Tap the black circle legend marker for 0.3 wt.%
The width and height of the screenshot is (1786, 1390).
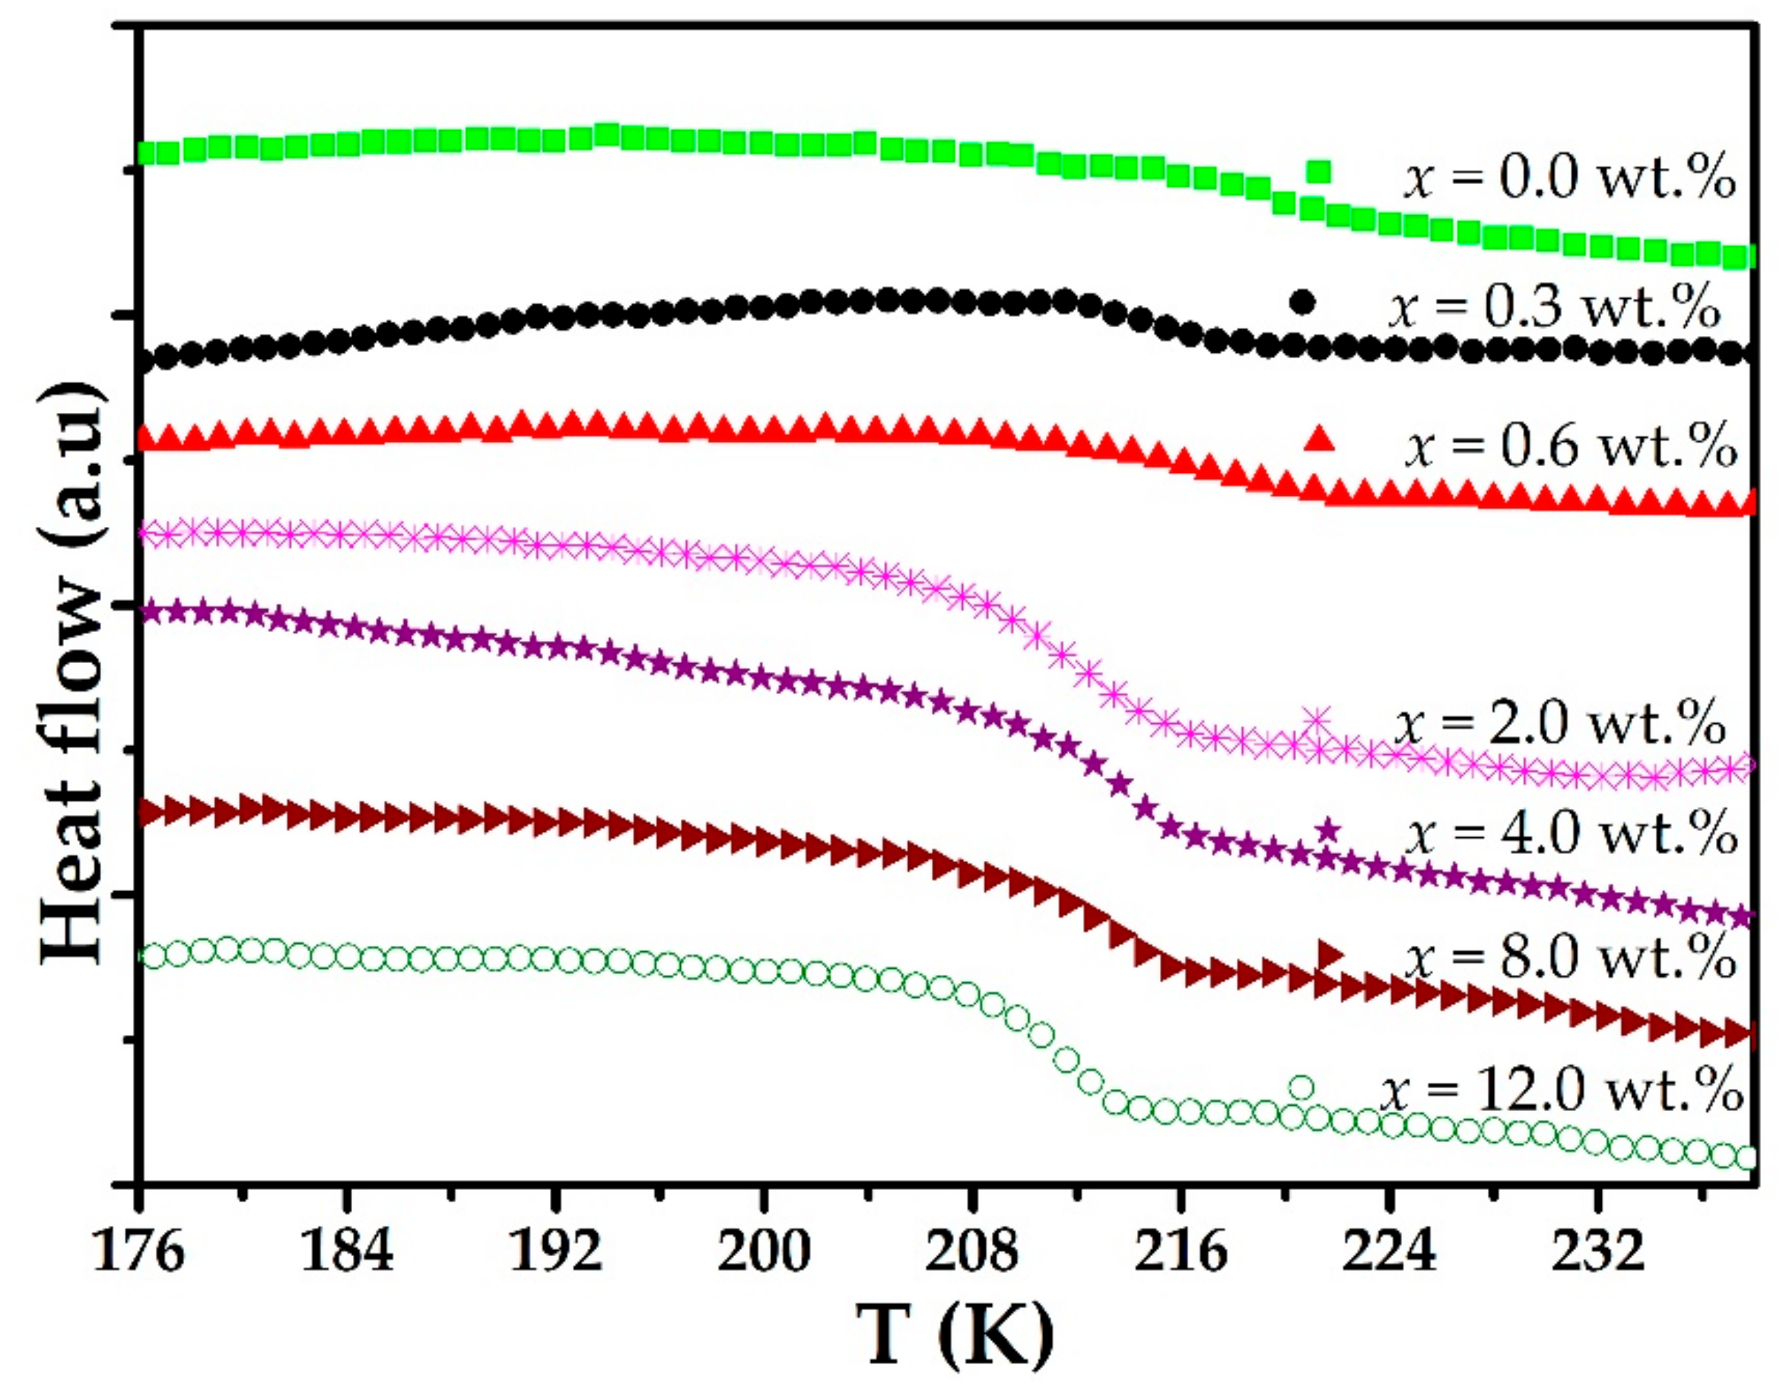1302,302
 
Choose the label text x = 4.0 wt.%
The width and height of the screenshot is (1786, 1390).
1571,834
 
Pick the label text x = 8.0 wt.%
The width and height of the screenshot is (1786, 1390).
1569,957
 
